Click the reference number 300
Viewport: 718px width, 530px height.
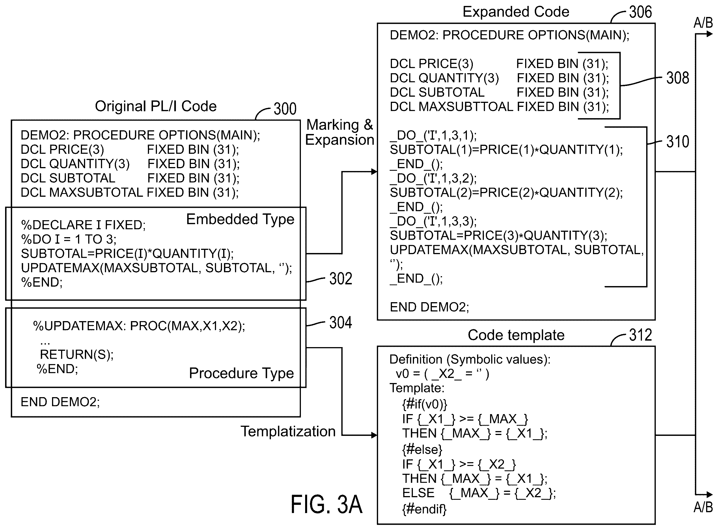point(285,109)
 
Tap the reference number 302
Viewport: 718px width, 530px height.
point(340,278)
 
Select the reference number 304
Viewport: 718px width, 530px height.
point(340,323)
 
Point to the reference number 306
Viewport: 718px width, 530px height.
point(640,12)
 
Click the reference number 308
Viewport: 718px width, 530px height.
point(678,78)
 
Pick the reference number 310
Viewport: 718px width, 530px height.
point(678,142)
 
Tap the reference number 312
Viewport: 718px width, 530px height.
point(640,335)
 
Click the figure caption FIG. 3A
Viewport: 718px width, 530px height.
point(326,504)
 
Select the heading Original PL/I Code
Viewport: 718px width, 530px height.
point(156,106)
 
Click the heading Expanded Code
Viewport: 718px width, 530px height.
point(516,12)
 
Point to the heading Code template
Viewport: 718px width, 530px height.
point(516,335)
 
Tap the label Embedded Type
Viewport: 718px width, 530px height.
point(240,219)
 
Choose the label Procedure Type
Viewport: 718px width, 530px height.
point(242,373)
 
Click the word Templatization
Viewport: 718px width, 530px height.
point(288,432)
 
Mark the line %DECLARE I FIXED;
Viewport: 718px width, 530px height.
point(83,225)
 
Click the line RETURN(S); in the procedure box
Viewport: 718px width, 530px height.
point(77,354)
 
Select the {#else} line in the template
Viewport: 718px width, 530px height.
point(422,449)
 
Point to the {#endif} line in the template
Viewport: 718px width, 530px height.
point(424,509)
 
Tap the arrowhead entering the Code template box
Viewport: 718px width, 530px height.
point(374,435)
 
